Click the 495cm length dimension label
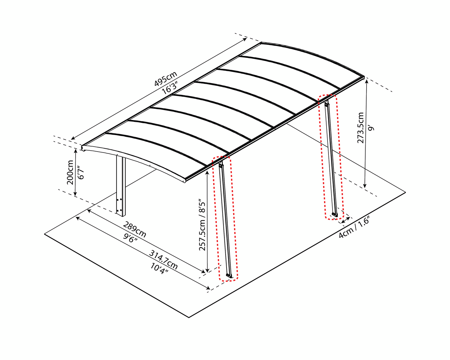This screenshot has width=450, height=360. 166,79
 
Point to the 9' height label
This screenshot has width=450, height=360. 371,128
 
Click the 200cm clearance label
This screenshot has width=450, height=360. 70,172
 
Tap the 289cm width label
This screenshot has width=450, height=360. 135,229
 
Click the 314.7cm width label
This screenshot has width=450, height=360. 163,260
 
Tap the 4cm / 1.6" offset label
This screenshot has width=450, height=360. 354,227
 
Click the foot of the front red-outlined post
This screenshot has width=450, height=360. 229,276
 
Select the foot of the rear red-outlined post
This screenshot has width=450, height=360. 335,214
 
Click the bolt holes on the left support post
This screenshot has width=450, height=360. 119,205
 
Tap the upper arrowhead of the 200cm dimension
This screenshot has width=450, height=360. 75,150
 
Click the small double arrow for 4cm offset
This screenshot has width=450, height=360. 346,219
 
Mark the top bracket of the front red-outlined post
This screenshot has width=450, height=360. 221,165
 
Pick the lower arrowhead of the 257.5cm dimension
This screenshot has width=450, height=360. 207,271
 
